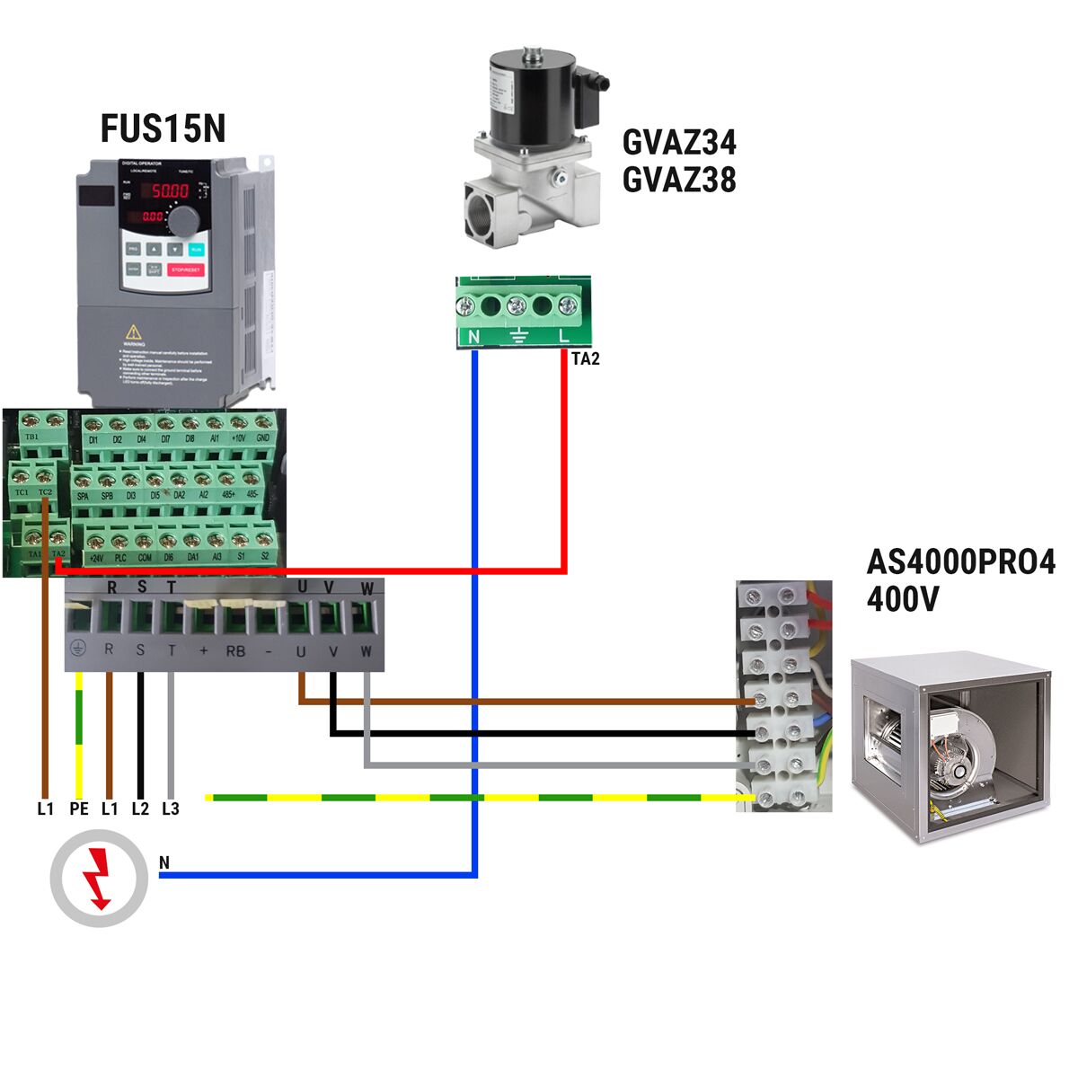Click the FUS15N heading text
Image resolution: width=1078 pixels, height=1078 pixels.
[163, 128]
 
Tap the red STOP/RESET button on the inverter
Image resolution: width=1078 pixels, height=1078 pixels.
[187, 269]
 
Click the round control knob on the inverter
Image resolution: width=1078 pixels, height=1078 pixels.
[185, 220]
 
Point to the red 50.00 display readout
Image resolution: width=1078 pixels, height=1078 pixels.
[169, 190]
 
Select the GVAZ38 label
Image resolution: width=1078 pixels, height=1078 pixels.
[679, 180]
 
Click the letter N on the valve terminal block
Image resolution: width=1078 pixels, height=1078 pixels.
[473, 337]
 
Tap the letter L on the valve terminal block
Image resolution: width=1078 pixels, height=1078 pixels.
[564, 337]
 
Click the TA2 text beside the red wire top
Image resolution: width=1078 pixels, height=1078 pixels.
[585, 359]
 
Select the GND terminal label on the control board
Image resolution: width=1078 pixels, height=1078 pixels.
[262, 438]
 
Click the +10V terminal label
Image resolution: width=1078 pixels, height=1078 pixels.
[238, 438]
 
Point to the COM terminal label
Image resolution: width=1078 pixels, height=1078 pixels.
[144, 558]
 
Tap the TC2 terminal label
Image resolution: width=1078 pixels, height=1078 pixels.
[46, 493]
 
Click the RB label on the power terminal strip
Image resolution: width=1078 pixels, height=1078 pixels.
[235, 651]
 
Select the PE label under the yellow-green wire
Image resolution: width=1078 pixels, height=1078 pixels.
[79, 809]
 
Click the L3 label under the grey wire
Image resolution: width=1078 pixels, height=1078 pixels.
[171, 809]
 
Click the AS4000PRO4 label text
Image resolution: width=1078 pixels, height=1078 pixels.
[960, 562]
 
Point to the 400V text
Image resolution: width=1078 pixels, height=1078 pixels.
[902, 599]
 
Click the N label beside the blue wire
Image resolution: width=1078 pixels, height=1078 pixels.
[163, 863]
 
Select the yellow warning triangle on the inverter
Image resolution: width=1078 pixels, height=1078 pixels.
[133, 331]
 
